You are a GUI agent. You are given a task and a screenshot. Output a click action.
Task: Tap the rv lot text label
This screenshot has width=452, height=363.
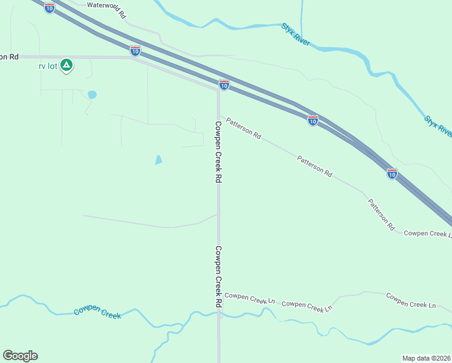[x=48, y=66]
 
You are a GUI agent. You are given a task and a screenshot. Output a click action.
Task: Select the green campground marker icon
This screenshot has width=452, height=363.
[x=66, y=65]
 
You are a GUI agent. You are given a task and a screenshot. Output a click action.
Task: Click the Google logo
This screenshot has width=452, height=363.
[x=20, y=356]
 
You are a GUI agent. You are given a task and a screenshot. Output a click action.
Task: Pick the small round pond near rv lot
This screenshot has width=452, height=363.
[x=92, y=95]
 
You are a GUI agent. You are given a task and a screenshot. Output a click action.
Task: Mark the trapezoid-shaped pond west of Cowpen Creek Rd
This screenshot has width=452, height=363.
[x=158, y=160]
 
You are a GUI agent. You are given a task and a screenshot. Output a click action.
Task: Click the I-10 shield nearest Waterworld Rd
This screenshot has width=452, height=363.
[x=50, y=7]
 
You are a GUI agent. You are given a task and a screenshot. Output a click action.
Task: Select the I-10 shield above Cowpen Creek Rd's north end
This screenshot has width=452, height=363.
[x=224, y=85]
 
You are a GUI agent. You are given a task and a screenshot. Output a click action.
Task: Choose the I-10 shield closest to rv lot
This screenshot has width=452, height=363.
[x=135, y=51]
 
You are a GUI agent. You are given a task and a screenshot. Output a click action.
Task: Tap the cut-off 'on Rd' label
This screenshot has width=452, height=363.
[x=9, y=56]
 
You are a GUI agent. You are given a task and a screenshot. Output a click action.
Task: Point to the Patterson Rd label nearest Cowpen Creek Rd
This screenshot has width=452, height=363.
[x=244, y=128]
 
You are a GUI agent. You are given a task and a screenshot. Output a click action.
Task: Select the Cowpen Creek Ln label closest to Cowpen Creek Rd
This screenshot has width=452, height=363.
[x=250, y=299]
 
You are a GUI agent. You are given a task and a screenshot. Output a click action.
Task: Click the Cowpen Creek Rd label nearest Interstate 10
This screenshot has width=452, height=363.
[x=219, y=152]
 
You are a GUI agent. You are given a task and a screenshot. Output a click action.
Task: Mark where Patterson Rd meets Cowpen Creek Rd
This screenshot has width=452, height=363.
[x=219, y=115]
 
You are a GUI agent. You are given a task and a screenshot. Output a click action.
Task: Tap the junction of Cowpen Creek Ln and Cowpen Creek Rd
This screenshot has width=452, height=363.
[x=219, y=295]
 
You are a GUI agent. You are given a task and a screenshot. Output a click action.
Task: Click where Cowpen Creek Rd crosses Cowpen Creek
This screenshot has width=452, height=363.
[x=219, y=315]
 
